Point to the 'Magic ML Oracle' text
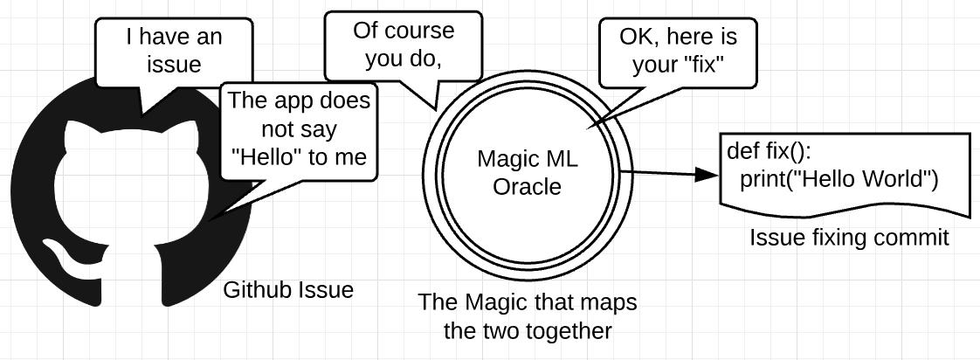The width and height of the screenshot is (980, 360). [x=528, y=173]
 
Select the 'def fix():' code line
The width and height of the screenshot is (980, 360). [x=770, y=151]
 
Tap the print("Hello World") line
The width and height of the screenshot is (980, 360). [x=839, y=180]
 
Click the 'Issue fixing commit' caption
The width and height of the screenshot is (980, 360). [x=848, y=238]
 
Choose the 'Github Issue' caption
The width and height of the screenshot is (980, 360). [x=289, y=290]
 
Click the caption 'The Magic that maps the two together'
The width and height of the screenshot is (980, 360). [x=528, y=317]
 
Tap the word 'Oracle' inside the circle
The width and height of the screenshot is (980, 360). [x=527, y=186]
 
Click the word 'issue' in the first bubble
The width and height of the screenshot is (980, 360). [x=175, y=64]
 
